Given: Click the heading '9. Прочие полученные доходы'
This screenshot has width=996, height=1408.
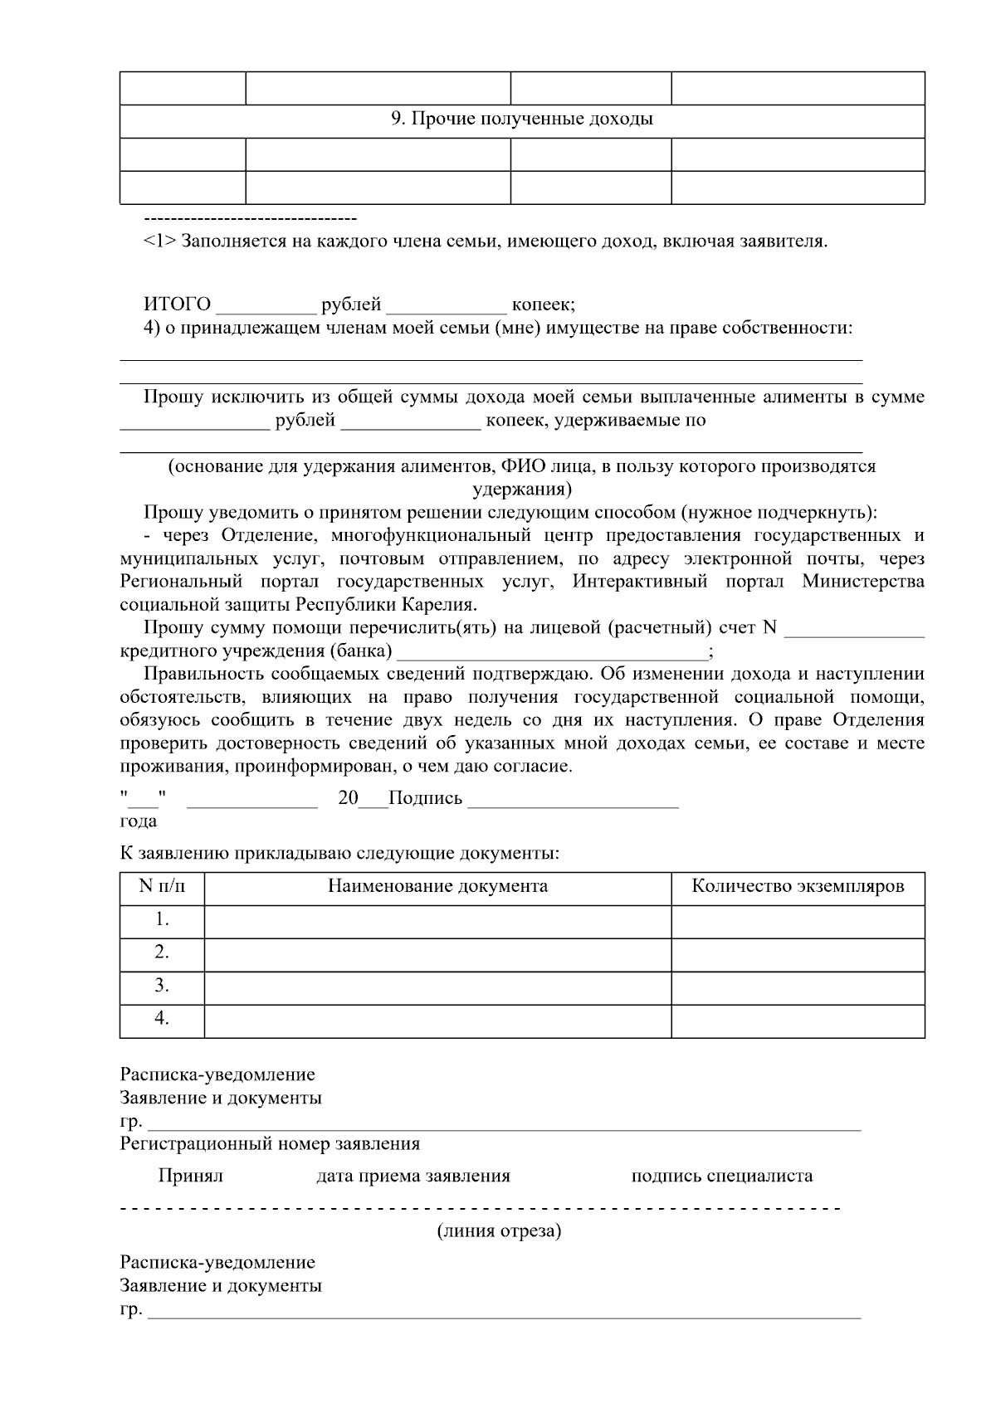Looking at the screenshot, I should point(521,119).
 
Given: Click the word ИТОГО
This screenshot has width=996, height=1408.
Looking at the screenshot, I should point(177,304).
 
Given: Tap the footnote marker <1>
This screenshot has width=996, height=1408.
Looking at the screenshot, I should point(159,242).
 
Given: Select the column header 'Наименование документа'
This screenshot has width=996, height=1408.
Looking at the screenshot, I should point(437,886).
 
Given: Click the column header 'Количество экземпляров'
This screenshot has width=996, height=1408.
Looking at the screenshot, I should point(798,886).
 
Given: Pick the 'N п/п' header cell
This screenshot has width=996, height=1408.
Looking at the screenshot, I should point(162,886).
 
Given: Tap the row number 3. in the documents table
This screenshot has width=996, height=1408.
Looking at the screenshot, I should point(162,986).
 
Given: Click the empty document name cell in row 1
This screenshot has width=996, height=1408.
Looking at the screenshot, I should point(437,921).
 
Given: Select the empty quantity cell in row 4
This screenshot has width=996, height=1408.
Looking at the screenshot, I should point(798,1020).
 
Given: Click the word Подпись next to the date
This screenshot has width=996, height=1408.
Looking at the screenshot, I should point(425,798).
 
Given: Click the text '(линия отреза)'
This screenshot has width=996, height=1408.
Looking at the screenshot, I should point(499,1231).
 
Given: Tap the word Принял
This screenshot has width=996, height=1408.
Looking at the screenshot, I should point(190,1176).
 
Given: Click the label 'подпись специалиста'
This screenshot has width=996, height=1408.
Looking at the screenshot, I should point(721,1176).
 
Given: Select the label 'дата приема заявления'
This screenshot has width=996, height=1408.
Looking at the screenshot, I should point(413,1176).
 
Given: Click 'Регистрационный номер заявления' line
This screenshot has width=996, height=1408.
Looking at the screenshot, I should point(270,1144).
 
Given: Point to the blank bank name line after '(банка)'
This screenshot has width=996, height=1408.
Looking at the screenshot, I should point(552,653).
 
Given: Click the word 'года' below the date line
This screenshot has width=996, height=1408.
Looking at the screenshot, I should point(139,821).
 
